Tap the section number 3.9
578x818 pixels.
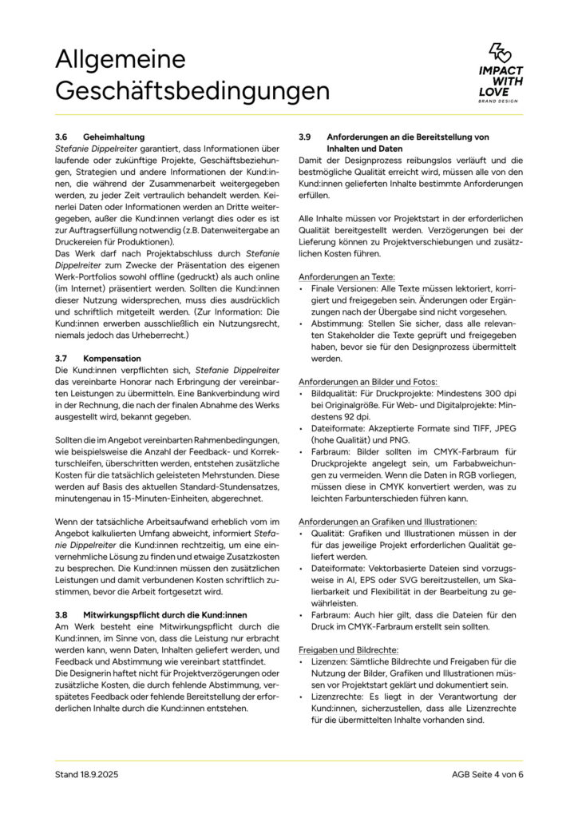tap(305, 137)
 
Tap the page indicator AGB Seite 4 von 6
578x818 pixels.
tap(486, 774)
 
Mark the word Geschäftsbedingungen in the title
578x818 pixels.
tap(192, 90)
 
